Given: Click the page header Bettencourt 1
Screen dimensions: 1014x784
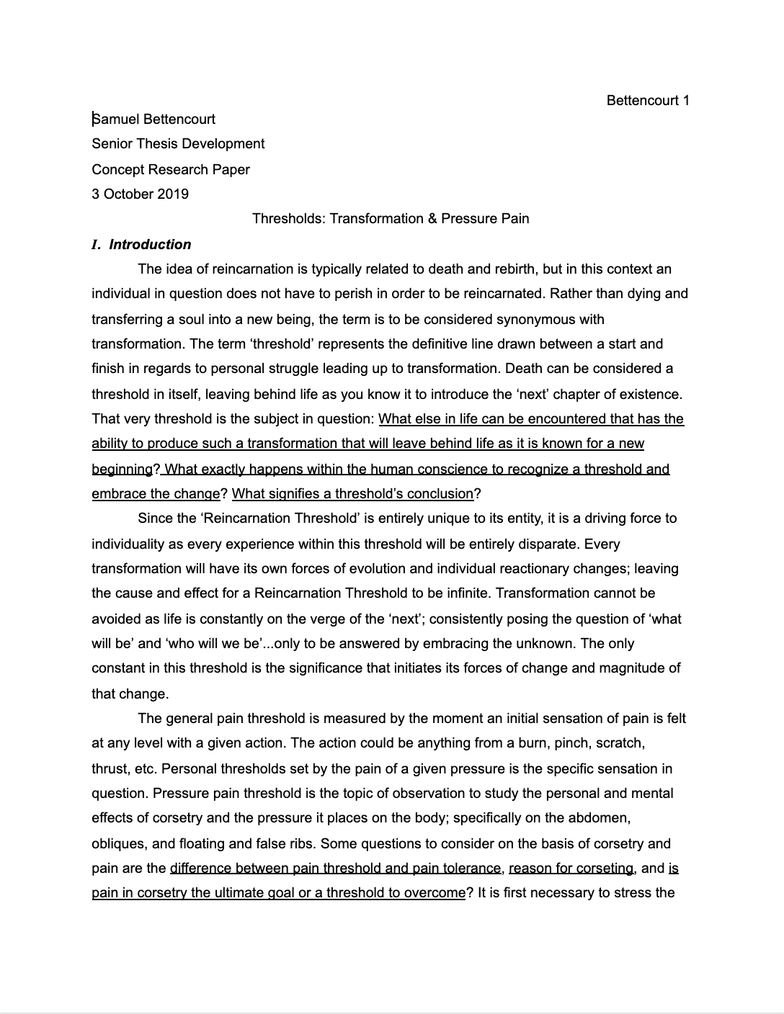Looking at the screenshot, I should pos(648,100).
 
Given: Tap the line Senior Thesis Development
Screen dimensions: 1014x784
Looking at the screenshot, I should pos(178,143).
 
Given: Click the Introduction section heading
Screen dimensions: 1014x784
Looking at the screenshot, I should pos(150,244).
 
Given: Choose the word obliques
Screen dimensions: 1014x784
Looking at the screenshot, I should pos(118,843).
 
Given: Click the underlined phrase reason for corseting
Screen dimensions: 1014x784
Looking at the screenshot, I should pos(571,868).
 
